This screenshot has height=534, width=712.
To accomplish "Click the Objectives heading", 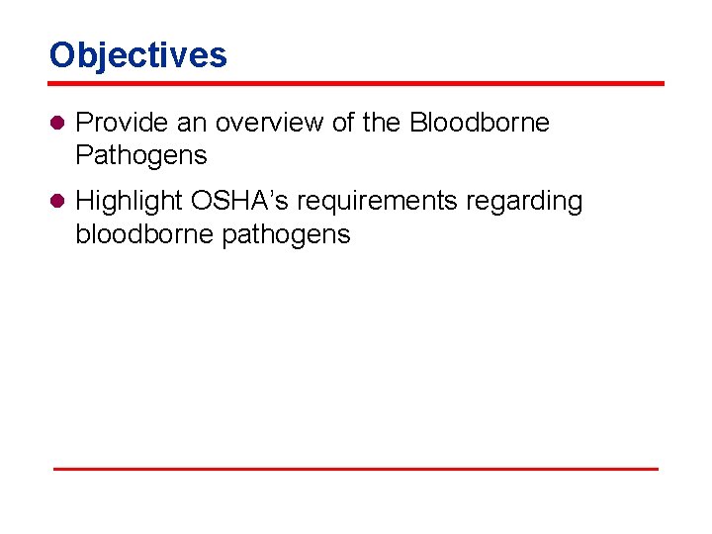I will point(138,55).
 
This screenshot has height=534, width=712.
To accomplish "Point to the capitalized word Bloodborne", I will point(480,123).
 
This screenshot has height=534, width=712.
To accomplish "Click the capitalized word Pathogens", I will point(141,155).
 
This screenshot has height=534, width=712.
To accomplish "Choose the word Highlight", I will point(130,202).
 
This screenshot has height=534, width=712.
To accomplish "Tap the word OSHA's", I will point(240,201).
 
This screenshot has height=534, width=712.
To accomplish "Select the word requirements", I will point(379,202).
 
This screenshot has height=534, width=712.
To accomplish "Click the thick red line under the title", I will point(356,83).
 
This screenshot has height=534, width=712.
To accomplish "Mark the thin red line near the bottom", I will point(356,468).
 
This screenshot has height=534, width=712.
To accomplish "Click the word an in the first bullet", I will point(192,123).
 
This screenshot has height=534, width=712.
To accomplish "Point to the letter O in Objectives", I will point(62,55).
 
